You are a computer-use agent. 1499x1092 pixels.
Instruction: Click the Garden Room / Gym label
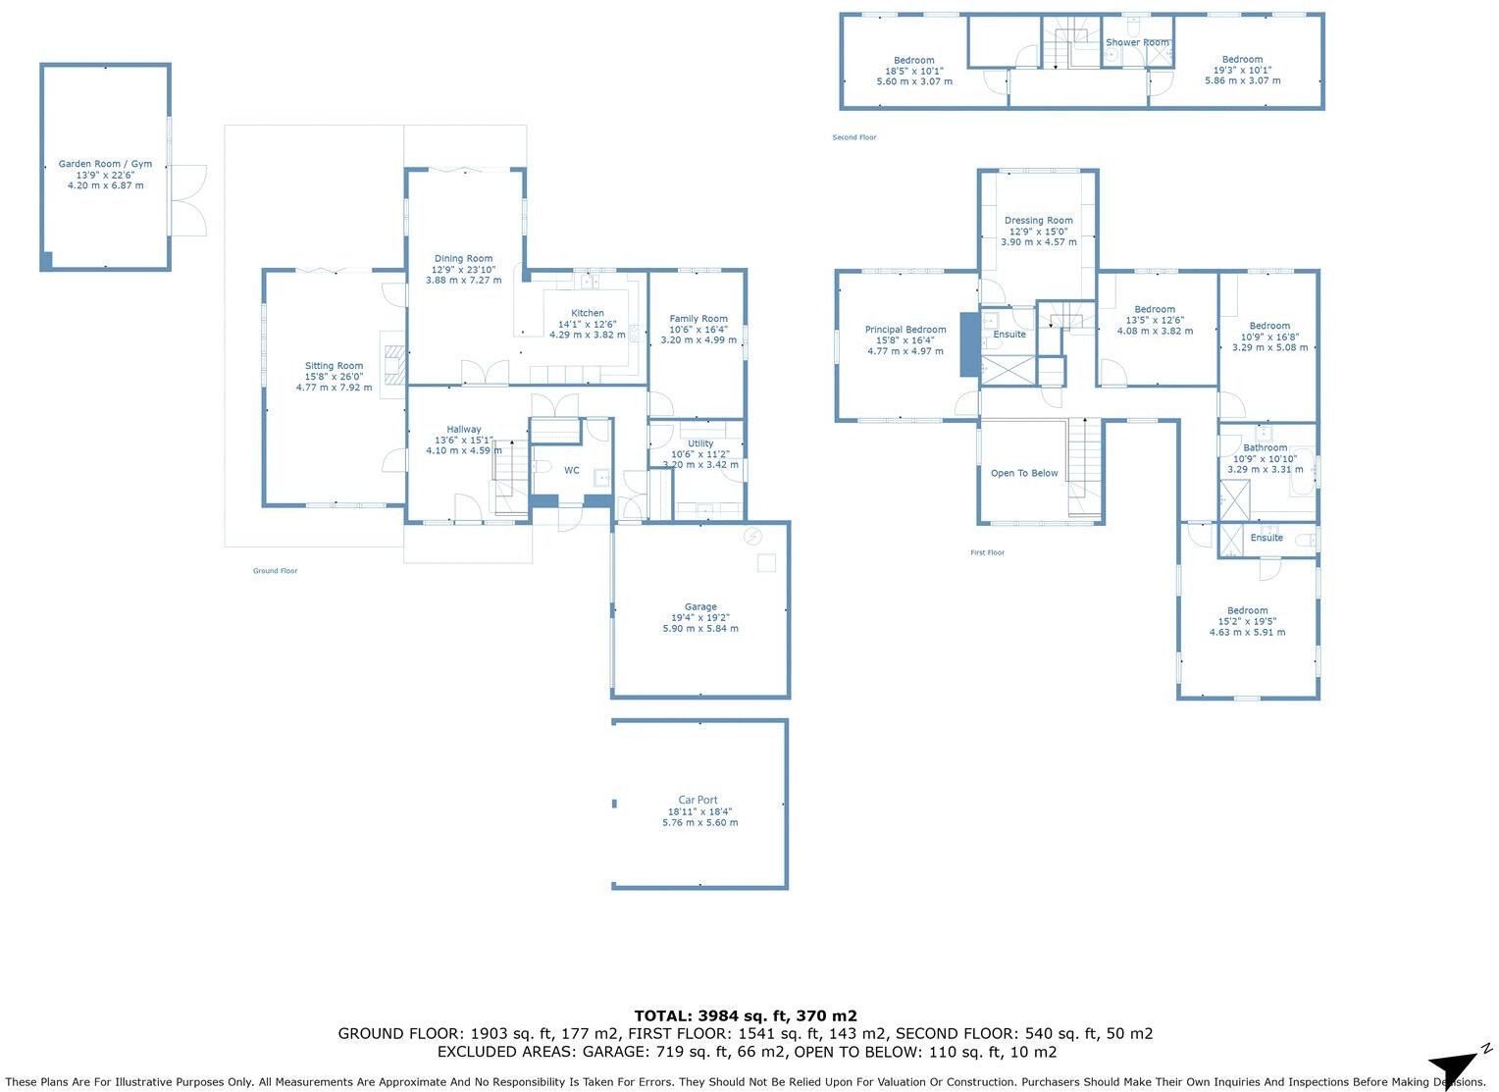pyautogui.click(x=105, y=165)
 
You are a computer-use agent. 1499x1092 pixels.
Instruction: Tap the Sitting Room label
pyautogui.click(x=334, y=366)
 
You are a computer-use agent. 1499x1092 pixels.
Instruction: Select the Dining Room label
pyautogui.click(x=463, y=259)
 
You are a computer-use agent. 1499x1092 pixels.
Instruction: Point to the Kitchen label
pyautogui.click(x=588, y=313)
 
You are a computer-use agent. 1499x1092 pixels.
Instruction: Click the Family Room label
pyautogui.click(x=698, y=319)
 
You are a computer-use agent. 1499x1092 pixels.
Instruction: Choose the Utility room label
pyautogui.click(x=700, y=444)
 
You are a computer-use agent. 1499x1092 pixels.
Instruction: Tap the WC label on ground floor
pyautogui.click(x=571, y=471)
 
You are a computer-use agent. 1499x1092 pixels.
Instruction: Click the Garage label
pyautogui.click(x=700, y=607)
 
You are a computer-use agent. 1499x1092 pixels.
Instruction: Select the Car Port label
pyautogui.click(x=698, y=801)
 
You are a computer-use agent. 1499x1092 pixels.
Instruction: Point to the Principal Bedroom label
pyautogui.click(x=905, y=330)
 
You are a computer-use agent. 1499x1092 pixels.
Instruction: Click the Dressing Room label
pyautogui.click(x=1038, y=221)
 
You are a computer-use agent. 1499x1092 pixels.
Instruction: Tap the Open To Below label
pyautogui.click(x=1024, y=473)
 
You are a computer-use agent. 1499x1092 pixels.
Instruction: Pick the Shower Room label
pyautogui.click(x=1137, y=43)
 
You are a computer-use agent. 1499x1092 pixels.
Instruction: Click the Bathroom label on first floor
pyautogui.click(x=1265, y=448)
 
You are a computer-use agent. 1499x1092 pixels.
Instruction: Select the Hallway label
pyautogui.click(x=464, y=430)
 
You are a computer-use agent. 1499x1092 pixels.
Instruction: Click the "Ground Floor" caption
pyautogui.click(x=275, y=571)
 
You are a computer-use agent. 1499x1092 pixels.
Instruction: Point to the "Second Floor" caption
pyautogui.click(x=853, y=137)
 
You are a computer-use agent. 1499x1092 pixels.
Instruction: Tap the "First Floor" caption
pyautogui.click(x=987, y=553)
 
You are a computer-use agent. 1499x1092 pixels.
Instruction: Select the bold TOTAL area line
pyautogui.click(x=746, y=1016)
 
